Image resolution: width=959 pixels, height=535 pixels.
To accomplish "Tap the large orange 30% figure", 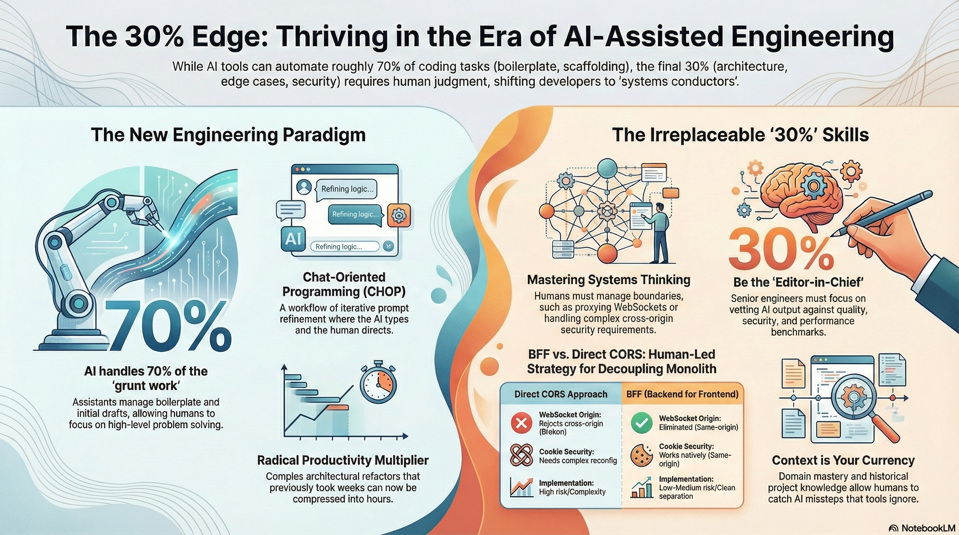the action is pyautogui.click(x=781, y=249).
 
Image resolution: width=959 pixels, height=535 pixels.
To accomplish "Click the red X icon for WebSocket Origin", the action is pyautogui.click(x=521, y=424).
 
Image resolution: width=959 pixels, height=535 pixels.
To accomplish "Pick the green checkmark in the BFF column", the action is pyautogui.click(x=642, y=423).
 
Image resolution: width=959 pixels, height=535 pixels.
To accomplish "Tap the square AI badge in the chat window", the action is pyautogui.click(x=293, y=239).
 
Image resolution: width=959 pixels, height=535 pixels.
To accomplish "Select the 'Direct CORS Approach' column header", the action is pyautogui.click(x=561, y=394).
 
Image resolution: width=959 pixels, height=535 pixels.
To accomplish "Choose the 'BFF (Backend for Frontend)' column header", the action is pyautogui.click(x=682, y=394).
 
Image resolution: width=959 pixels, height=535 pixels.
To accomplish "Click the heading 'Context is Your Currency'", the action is pyautogui.click(x=843, y=460).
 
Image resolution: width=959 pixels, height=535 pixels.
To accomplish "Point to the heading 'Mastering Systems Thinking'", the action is pyautogui.click(x=609, y=280).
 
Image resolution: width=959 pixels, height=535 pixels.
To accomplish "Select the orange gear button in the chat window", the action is pyautogui.click(x=399, y=215).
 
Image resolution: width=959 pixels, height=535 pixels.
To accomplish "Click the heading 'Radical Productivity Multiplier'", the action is pyautogui.click(x=343, y=460).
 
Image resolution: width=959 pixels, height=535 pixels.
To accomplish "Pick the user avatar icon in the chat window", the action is pyautogui.click(x=304, y=187).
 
